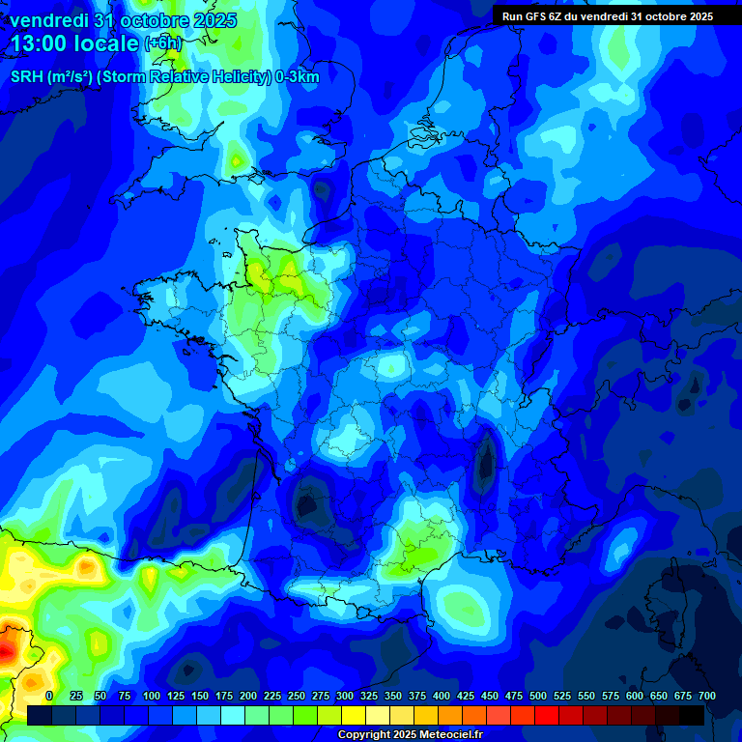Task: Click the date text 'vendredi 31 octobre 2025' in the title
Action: click(123, 20)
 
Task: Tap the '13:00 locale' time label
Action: click(74, 44)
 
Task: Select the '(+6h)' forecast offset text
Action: click(162, 43)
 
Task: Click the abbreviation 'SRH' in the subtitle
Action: click(28, 76)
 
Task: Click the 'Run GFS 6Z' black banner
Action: click(608, 16)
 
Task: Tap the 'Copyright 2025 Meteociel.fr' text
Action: click(409, 734)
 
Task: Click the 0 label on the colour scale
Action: click(49, 696)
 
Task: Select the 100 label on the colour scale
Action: click(152, 696)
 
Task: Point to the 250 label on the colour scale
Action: click(297, 696)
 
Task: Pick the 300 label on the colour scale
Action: click(345, 696)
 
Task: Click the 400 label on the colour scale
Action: click(442, 696)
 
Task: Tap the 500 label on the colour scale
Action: click(538, 696)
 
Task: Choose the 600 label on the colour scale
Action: click(635, 696)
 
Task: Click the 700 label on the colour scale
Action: click(706, 696)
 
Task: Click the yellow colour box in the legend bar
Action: click(353, 715)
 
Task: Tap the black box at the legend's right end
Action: click(692, 715)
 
